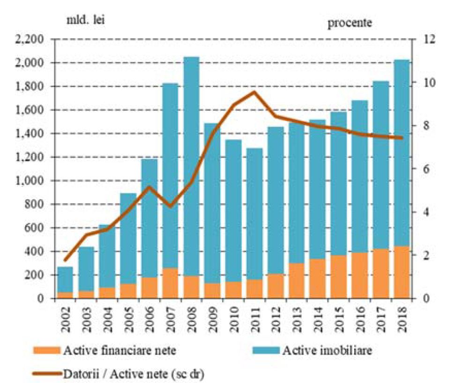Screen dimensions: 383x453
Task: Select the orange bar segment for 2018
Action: pos(401,272)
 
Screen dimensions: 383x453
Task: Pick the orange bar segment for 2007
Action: pos(170,283)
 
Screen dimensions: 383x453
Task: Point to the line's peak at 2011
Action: pos(254,92)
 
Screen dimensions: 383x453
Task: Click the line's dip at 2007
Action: pos(170,206)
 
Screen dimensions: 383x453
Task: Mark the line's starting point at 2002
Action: pos(66,260)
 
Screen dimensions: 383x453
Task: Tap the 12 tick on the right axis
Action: pos(429,39)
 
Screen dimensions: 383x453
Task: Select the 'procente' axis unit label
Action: pos(349,23)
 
